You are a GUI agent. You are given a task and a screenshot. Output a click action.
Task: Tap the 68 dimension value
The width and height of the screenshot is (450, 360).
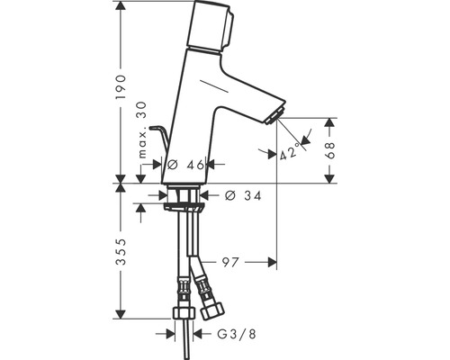(332, 149)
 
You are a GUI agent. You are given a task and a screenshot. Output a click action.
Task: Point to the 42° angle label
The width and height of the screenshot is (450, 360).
(290, 152)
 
